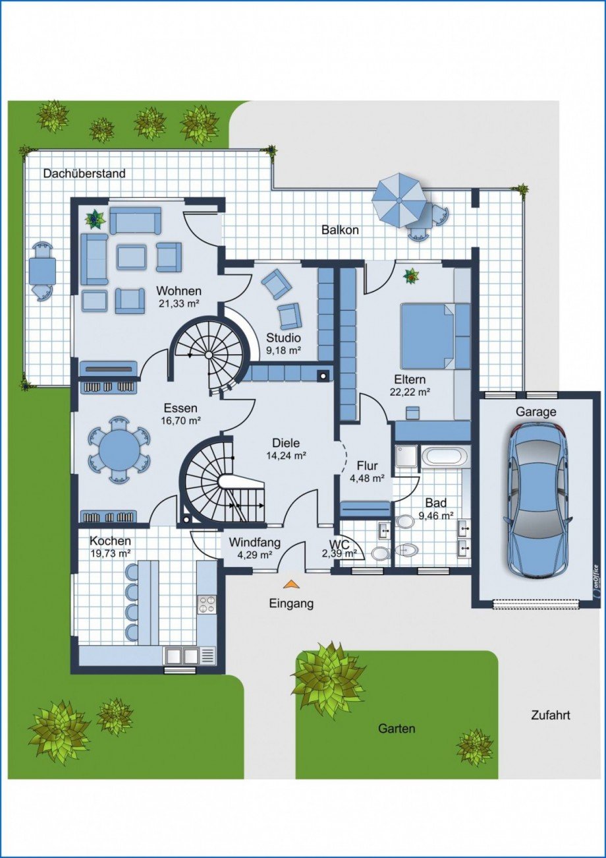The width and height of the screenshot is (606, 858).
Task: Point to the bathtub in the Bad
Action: tap(445, 456)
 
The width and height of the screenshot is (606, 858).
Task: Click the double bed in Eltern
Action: tap(427, 336)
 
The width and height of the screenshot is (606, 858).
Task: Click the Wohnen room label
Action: tap(179, 291)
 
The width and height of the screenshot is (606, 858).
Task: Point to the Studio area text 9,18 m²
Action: tap(283, 350)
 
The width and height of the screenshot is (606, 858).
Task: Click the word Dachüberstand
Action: tap(84, 173)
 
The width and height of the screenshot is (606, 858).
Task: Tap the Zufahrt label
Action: tap(551, 747)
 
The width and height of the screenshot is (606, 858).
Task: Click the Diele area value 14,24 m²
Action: tap(286, 456)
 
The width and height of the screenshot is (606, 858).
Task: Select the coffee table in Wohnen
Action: tap(132, 257)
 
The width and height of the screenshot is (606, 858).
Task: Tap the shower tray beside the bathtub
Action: tap(406, 456)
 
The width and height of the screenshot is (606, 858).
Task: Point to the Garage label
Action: tap(536, 412)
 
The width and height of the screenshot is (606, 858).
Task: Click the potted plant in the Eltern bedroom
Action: tap(411, 275)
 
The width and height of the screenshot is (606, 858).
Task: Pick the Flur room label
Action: tap(368, 466)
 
